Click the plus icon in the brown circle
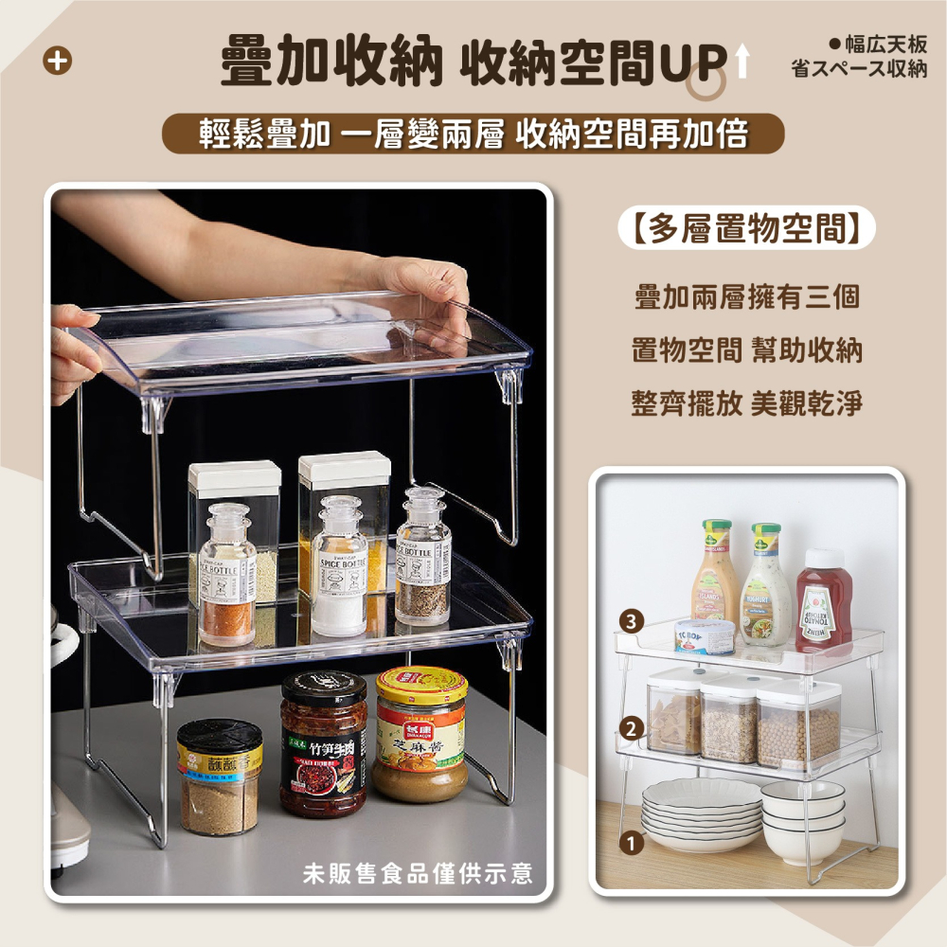[59, 62]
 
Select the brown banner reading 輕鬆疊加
[473, 134]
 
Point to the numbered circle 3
[633, 620]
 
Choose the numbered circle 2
[633, 728]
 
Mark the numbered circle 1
[633, 840]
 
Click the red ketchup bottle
[823, 603]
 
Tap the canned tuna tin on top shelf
[705, 635]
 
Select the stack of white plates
[701, 813]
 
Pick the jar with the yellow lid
[420, 734]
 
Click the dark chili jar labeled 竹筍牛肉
[324, 743]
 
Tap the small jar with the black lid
[219, 777]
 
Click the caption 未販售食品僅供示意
[417, 872]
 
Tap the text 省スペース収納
[859, 70]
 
